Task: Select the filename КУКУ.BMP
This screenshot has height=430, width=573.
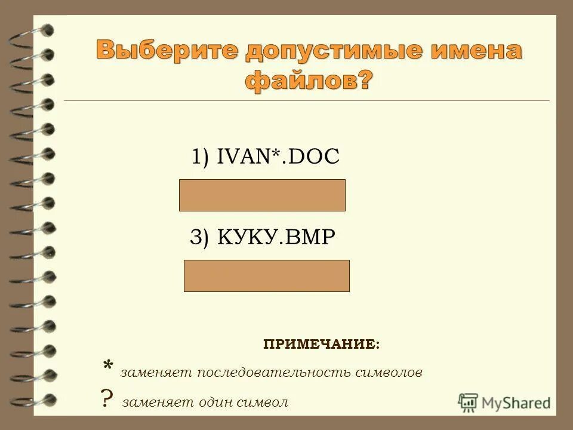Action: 276,237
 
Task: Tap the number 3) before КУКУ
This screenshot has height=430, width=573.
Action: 200,238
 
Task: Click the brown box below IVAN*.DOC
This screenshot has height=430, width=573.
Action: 262,195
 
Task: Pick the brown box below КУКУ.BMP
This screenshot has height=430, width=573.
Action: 266,276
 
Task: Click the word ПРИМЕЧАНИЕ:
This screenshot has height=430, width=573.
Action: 321,345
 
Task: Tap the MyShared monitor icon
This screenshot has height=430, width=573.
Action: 468,402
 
